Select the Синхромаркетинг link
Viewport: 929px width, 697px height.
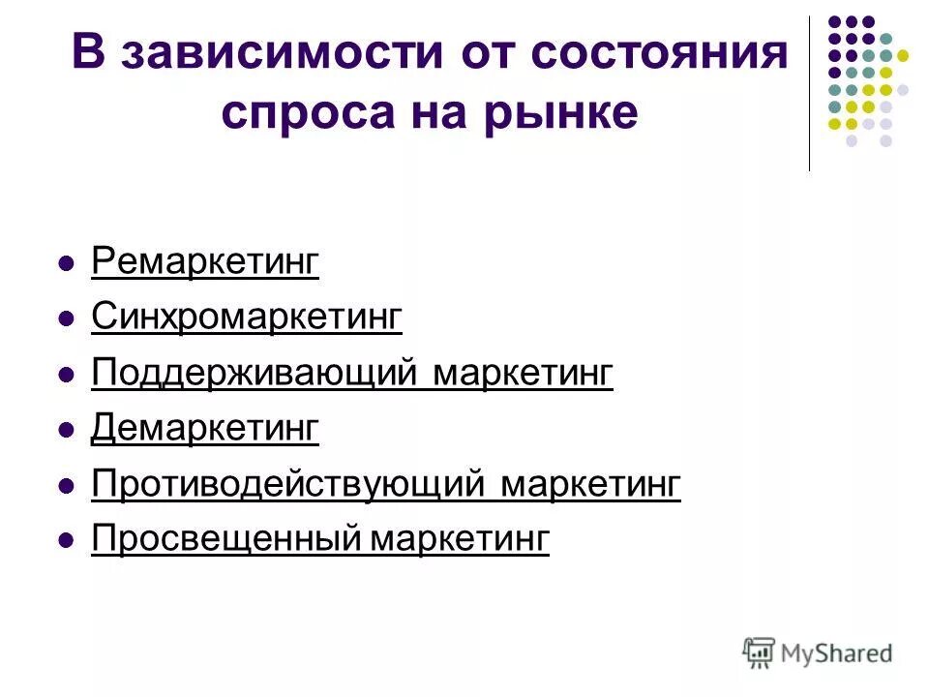(x=246, y=317)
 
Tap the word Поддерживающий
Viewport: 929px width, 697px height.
(x=254, y=373)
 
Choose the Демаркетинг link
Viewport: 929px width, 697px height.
(x=204, y=428)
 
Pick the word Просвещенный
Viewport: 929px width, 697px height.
(x=228, y=538)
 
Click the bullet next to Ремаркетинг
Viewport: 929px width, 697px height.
(x=67, y=263)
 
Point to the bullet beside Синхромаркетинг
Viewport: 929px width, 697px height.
(x=67, y=318)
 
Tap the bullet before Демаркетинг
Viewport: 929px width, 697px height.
(x=67, y=429)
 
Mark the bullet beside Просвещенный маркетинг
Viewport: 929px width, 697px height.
(x=67, y=540)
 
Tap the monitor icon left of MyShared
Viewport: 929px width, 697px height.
(x=760, y=652)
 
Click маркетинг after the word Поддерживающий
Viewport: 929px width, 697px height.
(x=523, y=373)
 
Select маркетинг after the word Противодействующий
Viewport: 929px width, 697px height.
(x=590, y=483)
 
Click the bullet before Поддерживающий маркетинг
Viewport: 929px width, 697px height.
(x=67, y=374)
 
